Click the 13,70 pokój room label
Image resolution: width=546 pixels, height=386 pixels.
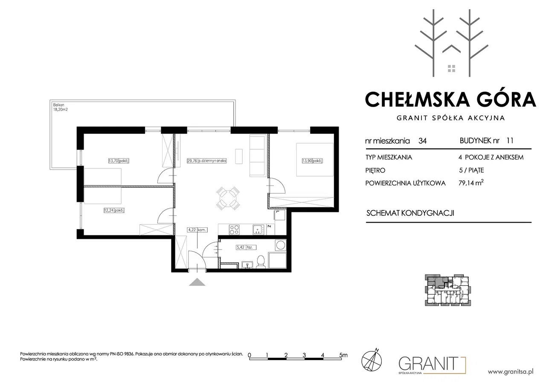coord(119,161)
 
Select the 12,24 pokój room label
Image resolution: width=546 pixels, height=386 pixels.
coord(114,210)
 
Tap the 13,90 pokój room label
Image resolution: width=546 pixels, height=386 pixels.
coord(312,161)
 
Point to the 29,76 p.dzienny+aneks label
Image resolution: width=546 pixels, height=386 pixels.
coord(207,161)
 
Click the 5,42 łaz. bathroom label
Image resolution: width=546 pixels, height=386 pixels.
coord(246,247)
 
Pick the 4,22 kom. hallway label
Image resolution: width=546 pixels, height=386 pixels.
coord(197,230)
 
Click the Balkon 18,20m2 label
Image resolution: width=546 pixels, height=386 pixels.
coord(61,107)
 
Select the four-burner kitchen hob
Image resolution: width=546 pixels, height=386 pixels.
coord(234,229)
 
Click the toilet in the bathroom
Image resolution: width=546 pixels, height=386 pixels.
coord(261,262)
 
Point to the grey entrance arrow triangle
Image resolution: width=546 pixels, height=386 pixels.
coord(197,282)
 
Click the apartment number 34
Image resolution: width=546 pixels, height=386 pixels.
coord(422,141)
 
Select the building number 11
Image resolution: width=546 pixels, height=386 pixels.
coord(510,141)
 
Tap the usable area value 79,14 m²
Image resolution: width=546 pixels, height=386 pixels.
coord(471,183)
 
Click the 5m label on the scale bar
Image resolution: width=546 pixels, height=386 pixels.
coord(343,355)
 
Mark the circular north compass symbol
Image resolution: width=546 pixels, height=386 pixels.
coord(372,360)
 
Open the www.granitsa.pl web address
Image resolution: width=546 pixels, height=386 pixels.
coord(511,371)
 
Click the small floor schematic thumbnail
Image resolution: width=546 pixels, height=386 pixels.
coord(448,290)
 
